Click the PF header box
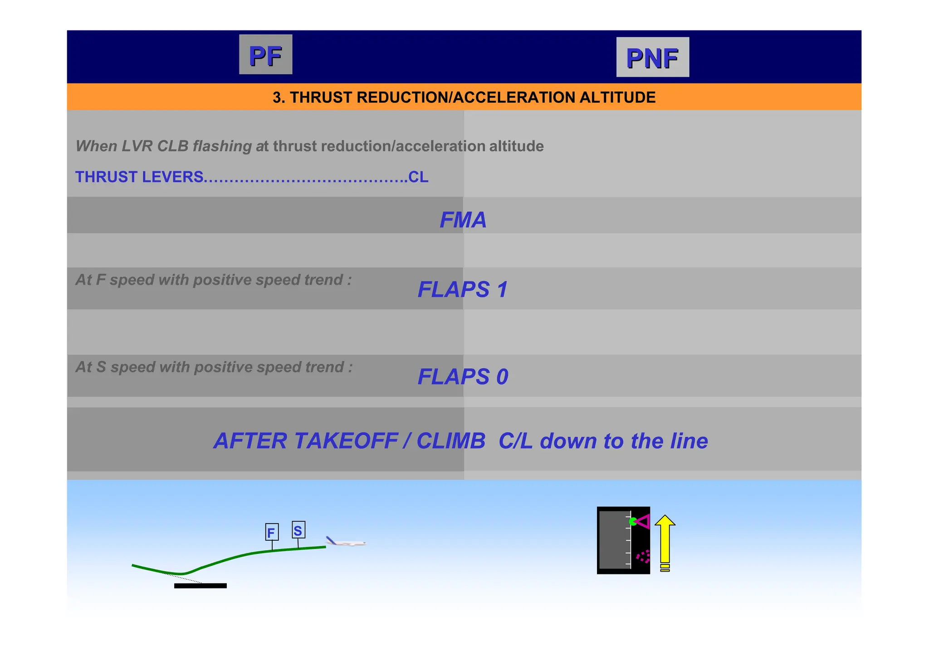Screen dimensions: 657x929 coord(265,54)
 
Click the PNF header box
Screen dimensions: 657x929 coord(652,57)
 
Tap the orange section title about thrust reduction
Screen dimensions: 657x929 coord(464,97)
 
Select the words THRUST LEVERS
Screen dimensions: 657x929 coord(139,177)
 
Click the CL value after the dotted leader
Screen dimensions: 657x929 coord(418,177)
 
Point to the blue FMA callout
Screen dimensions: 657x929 coord(463,220)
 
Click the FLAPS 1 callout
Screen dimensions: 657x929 coord(462,290)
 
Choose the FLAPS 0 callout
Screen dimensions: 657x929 coord(462,377)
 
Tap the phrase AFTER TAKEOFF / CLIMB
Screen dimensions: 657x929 coord(349,441)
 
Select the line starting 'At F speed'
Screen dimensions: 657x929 coord(213,280)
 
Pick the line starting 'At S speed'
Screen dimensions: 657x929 coord(214,367)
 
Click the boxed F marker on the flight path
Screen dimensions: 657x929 coord(272,532)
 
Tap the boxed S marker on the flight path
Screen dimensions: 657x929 coord(298,530)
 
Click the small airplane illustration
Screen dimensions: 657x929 coord(346,542)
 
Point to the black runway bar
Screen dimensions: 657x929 coord(200,586)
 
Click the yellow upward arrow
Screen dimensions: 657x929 coord(665,541)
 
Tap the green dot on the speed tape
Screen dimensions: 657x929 coord(633,522)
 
